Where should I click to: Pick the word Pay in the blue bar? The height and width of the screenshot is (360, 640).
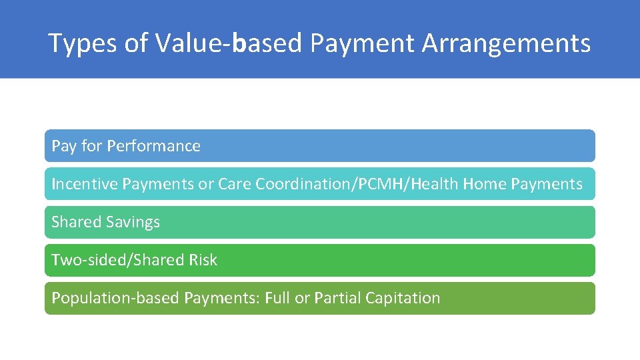tap(64, 146)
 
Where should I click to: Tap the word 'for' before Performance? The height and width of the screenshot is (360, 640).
tap(91, 146)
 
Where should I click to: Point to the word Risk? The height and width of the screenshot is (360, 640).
tap(203, 260)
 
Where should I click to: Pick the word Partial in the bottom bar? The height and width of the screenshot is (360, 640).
tap(338, 298)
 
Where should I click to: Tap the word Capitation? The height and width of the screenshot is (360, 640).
tap(403, 298)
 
